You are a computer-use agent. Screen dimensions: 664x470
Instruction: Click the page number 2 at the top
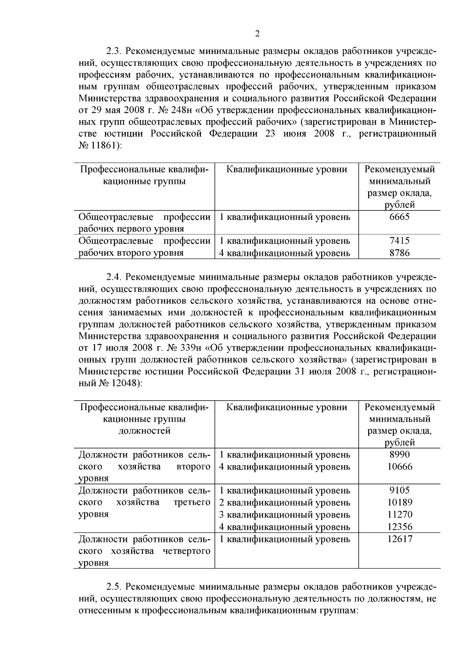[257, 34]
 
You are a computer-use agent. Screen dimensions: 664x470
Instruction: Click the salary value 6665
[399, 217]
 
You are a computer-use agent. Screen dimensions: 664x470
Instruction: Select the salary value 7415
[399, 241]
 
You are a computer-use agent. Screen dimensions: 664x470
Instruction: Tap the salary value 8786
[399, 253]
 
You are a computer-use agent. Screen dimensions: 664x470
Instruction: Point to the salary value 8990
[399, 455]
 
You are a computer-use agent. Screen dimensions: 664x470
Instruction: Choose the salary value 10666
[399, 466]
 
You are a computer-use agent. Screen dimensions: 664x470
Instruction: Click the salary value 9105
[399, 490]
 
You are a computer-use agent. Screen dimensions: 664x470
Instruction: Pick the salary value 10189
[399, 502]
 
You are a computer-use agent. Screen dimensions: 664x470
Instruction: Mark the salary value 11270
[399, 515]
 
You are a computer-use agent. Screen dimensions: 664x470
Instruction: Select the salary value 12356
[399, 527]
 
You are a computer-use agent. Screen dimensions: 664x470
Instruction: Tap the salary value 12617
[399, 539]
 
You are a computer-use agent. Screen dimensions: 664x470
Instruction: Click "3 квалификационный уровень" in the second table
[284, 515]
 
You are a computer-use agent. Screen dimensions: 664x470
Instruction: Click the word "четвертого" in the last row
[186, 551]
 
